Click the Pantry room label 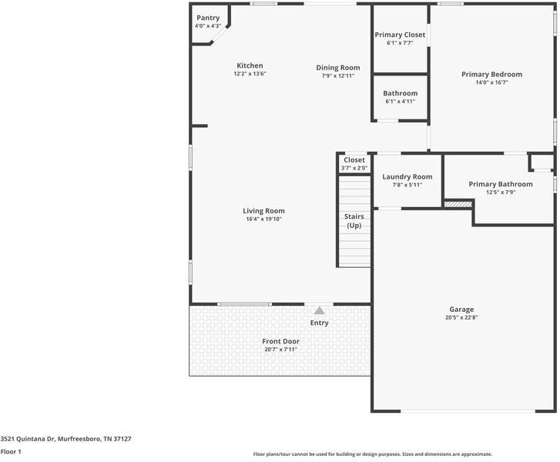(x=208, y=18)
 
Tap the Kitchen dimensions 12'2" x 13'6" (x=250, y=74)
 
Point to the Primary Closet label (x=400, y=35)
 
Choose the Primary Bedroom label (x=491, y=75)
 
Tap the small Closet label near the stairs (x=354, y=160)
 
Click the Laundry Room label (x=407, y=177)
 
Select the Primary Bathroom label (x=500, y=184)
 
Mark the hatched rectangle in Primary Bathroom (x=457, y=204)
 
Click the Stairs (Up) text (x=354, y=221)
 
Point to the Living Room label (x=264, y=211)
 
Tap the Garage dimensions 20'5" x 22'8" (x=461, y=317)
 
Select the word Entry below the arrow (x=319, y=323)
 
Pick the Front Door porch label (x=280, y=341)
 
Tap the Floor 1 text (x=11, y=452)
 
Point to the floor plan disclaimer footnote (x=372, y=454)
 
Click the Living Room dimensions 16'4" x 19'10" (x=264, y=219)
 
